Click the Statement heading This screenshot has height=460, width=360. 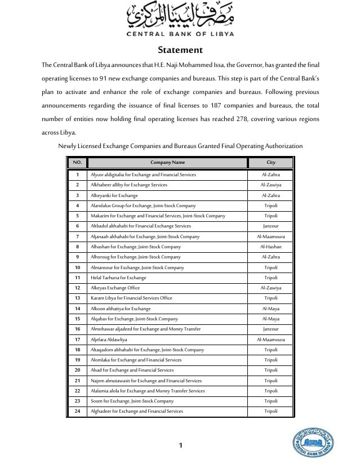tap(180, 50)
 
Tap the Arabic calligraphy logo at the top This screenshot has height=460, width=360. tap(180, 15)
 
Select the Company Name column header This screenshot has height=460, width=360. tap(167, 163)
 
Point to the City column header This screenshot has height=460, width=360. tap(271, 163)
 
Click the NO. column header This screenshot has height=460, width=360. tap(77, 163)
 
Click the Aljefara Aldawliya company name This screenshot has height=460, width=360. tap(109, 340)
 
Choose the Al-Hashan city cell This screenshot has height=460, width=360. tap(271, 247)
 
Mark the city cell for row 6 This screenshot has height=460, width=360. tap(271, 226)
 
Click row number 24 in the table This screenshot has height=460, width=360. tap(77, 411)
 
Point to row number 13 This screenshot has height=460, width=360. tap(77, 298)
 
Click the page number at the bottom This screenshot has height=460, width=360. tap(180, 445)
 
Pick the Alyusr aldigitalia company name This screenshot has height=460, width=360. tap(143, 175)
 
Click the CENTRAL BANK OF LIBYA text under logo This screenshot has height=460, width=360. tap(180, 33)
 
